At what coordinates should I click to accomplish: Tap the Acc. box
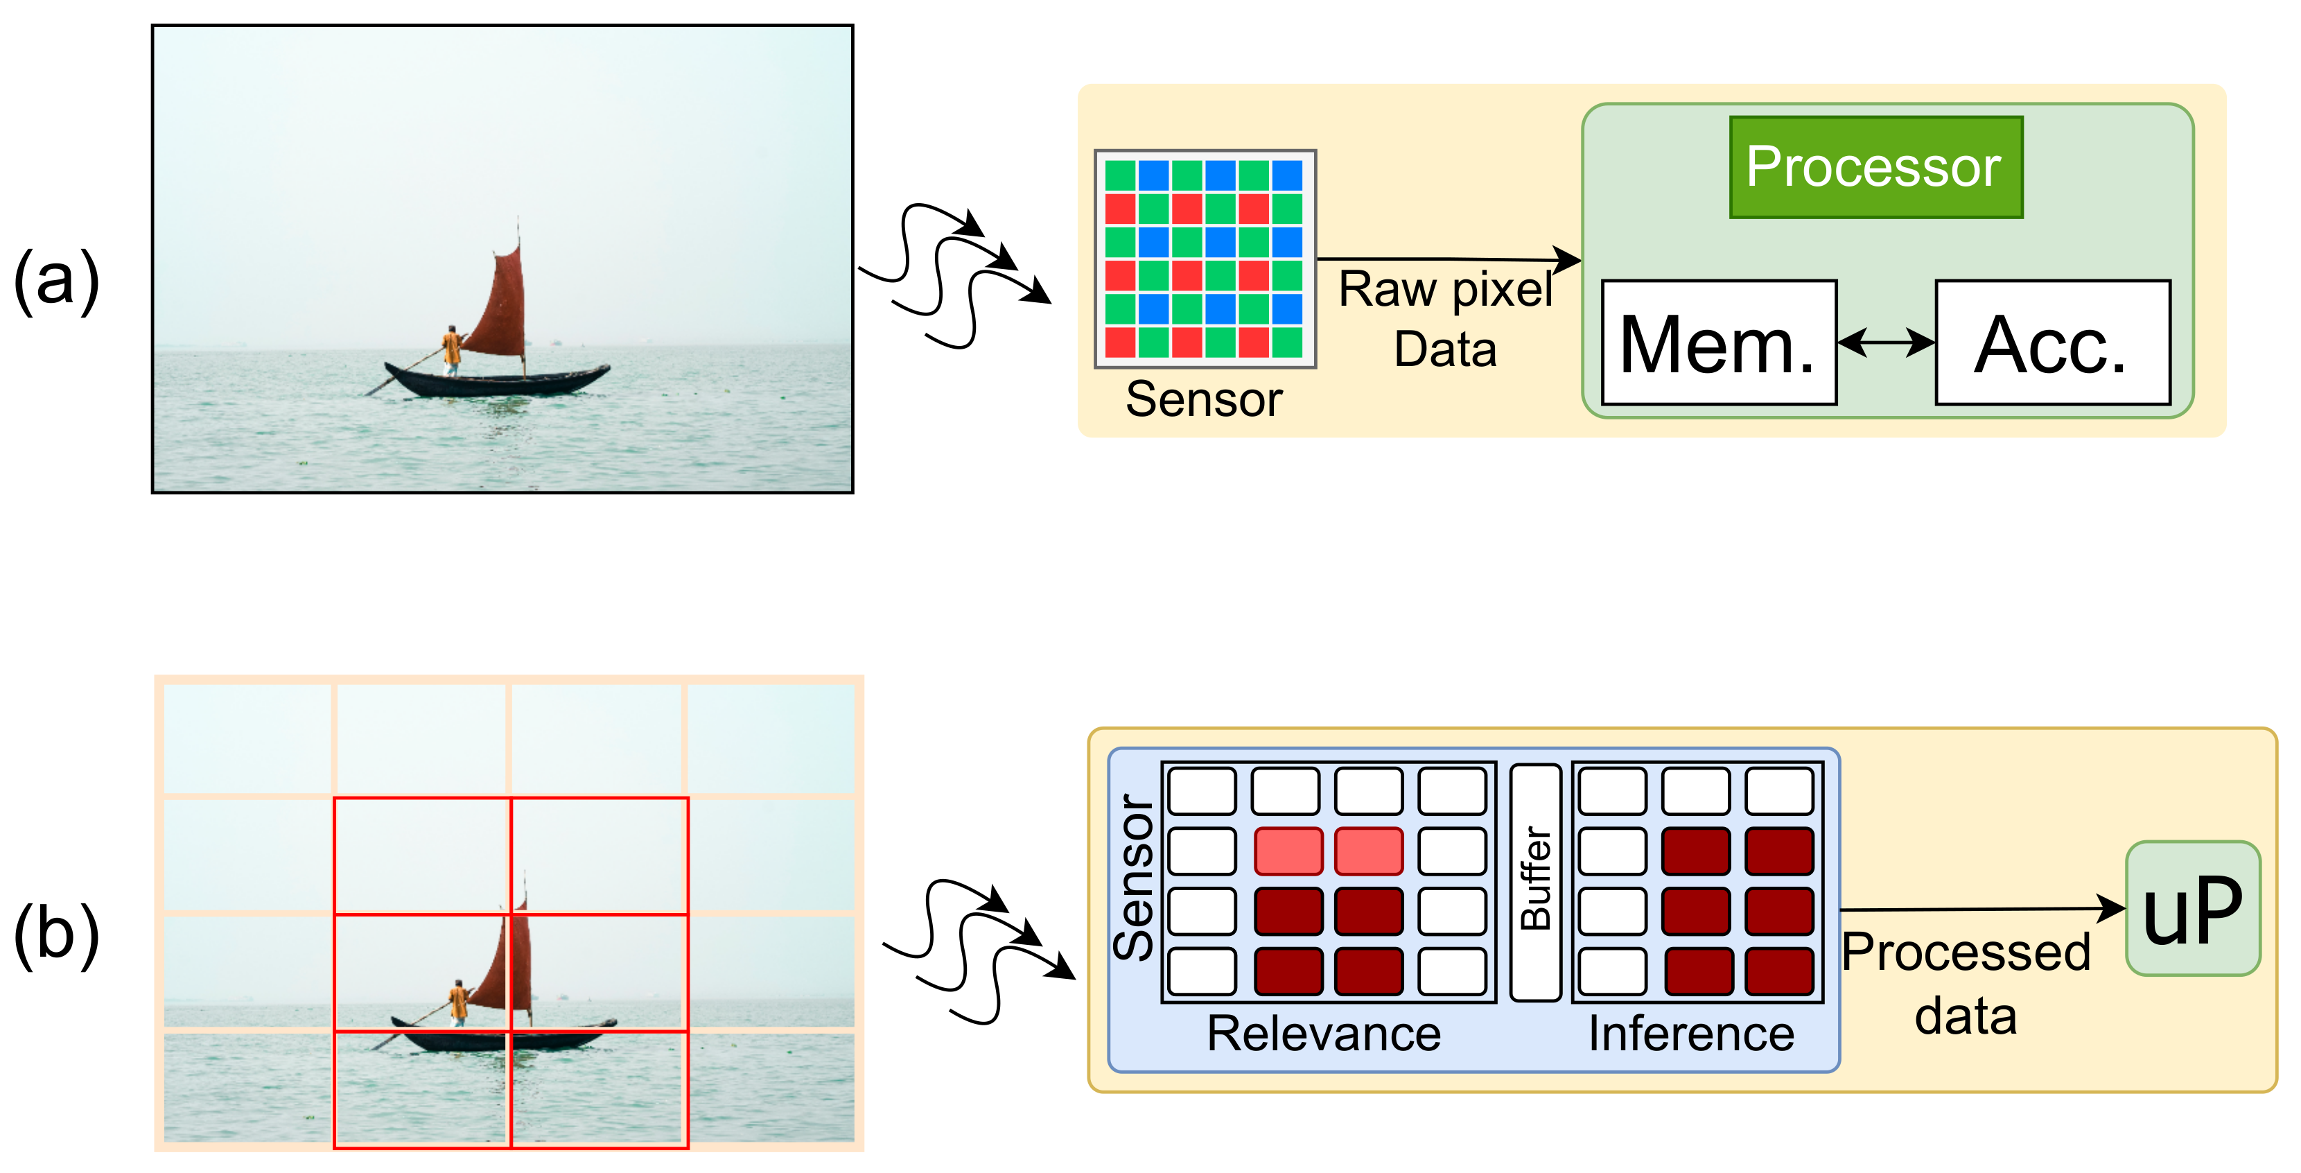2051,343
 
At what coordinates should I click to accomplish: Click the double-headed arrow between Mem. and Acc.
1884,342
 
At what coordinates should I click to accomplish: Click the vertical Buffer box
1534,882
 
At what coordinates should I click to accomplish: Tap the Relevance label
1323,1034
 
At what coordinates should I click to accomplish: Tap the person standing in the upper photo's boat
453,349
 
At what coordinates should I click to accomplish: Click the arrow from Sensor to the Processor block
1447,260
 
